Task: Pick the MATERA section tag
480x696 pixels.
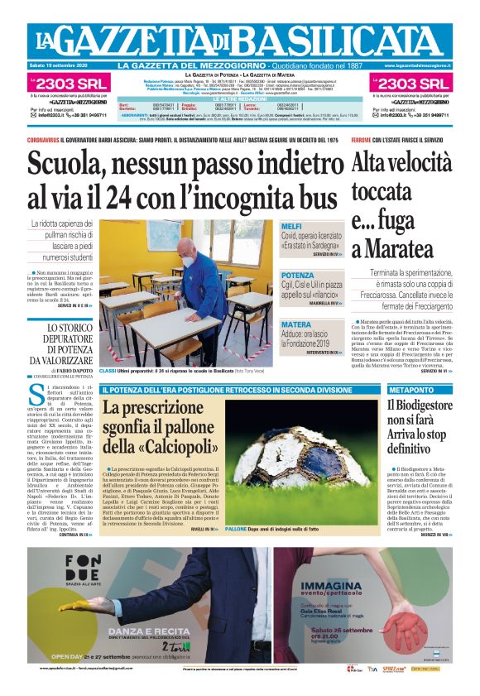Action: click(x=296, y=324)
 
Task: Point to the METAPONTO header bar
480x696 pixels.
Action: click(x=412, y=389)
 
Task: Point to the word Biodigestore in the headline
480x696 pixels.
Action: click(x=420, y=406)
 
